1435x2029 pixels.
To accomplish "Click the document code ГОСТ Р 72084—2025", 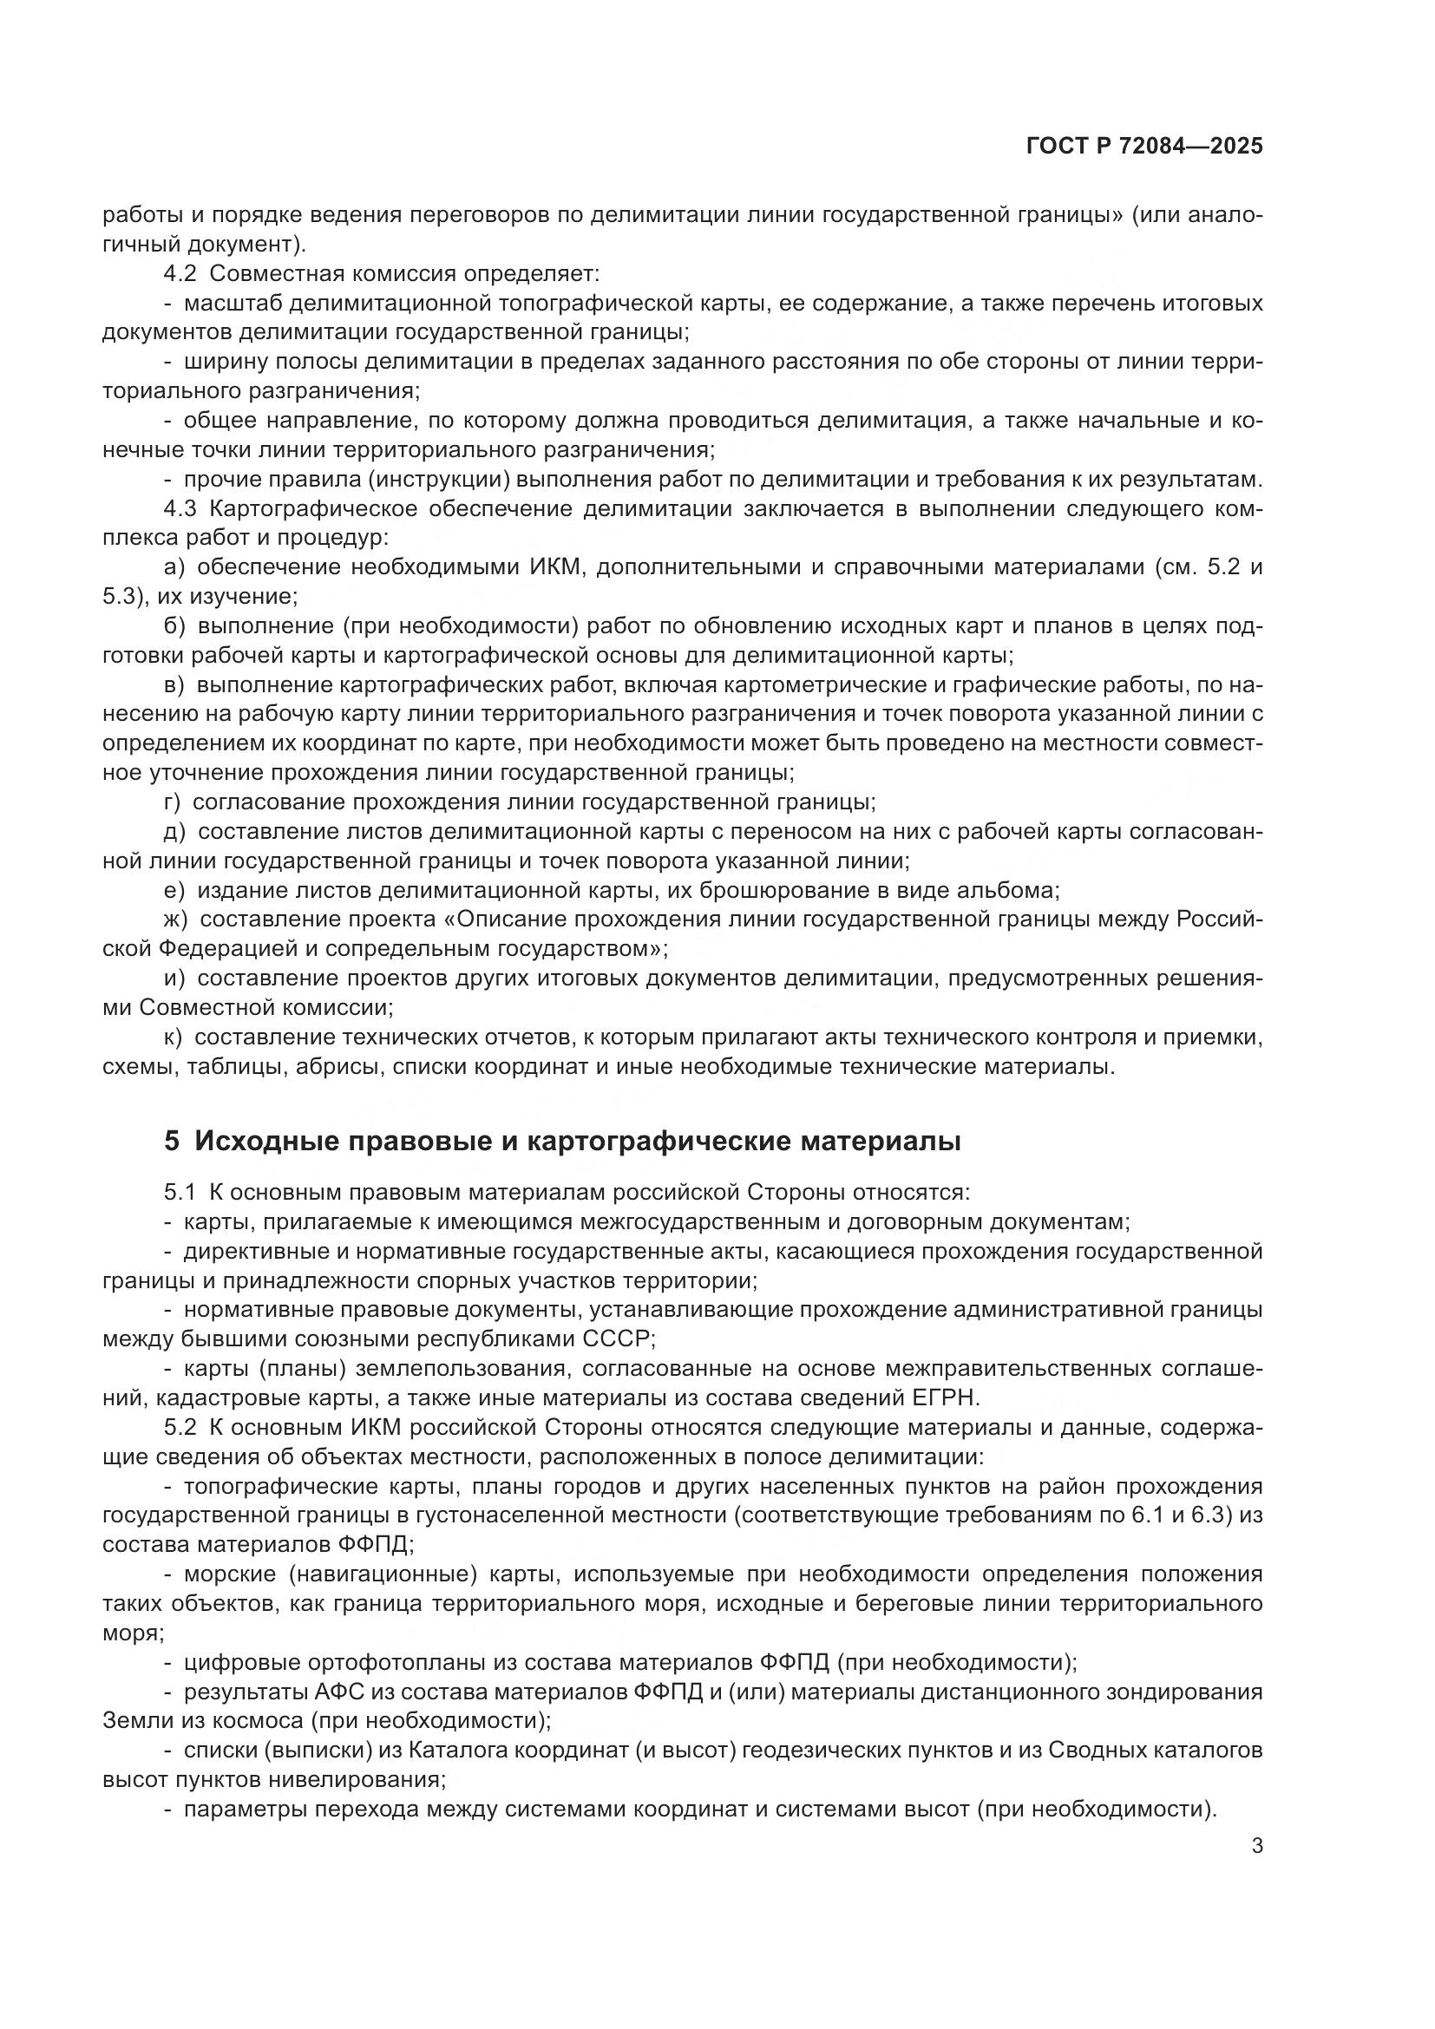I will click(x=1144, y=146).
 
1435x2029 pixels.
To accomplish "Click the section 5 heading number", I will click(x=172, y=1141).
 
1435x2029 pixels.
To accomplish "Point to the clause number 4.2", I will click(x=180, y=274).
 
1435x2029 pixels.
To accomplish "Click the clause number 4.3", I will click(x=180, y=509).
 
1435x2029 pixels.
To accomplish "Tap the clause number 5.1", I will click(x=180, y=1192).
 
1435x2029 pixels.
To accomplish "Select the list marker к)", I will click(x=174, y=1037).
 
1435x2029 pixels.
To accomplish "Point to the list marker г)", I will click(x=173, y=802).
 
